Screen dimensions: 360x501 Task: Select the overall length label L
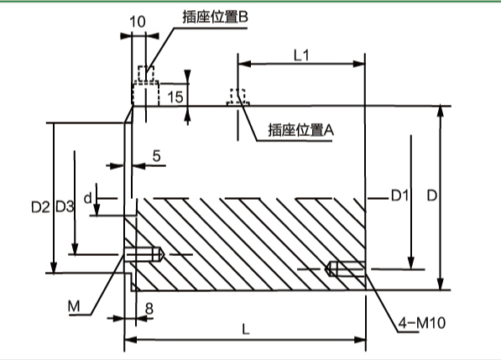pos(245,330)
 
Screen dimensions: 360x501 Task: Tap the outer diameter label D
pos(430,196)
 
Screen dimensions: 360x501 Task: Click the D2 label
pos(39,206)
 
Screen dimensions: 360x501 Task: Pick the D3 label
pos(65,206)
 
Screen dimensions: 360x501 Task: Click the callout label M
pos(74,307)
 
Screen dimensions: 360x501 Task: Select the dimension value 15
pos(175,97)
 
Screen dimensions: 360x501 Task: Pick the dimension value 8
pos(149,308)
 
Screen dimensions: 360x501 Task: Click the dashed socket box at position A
pos(237,97)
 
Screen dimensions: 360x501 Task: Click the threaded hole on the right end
pos(345,269)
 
